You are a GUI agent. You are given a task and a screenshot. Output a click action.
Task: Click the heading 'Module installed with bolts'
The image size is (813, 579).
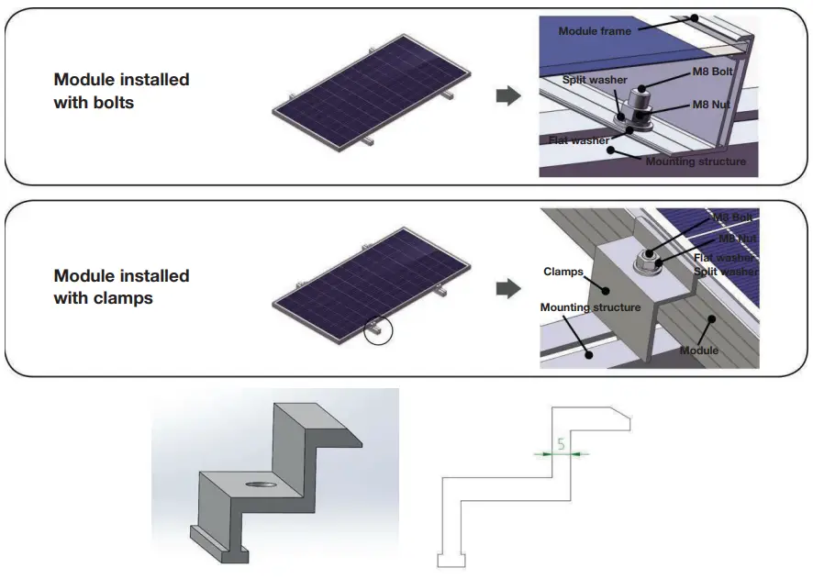(x=121, y=91)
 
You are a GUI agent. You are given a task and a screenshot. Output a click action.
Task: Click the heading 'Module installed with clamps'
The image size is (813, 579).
(x=121, y=286)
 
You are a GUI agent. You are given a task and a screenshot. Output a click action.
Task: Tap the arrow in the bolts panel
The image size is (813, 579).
(x=507, y=95)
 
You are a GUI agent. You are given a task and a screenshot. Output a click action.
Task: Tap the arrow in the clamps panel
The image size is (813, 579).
(x=507, y=289)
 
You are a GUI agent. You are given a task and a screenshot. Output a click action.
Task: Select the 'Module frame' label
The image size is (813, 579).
(x=595, y=31)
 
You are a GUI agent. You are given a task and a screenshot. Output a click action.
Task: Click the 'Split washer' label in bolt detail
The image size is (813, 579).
(x=595, y=81)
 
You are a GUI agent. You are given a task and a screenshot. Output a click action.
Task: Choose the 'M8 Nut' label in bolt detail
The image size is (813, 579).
(x=707, y=106)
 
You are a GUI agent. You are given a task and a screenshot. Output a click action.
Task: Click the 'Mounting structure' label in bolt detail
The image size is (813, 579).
(x=696, y=161)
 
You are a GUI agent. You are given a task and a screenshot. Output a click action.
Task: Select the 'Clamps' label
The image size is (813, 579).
(x=562, y=272)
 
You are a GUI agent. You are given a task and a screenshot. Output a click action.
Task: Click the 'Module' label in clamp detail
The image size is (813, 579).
(x=698, y=351)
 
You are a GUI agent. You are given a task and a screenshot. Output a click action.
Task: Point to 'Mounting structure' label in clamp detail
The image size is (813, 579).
(x=590, y=307)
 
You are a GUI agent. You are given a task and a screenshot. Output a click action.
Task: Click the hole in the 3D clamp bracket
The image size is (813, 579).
(x=262, y=484)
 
